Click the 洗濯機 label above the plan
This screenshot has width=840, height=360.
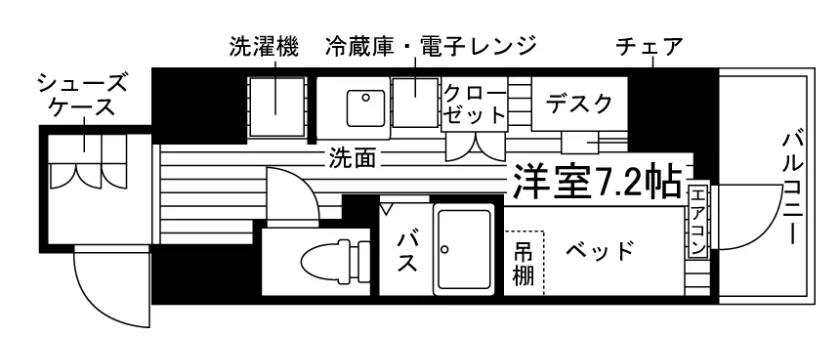tap(264, 47)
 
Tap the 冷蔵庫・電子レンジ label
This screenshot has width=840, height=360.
tap(430, 47)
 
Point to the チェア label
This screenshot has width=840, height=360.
tap(650, 47)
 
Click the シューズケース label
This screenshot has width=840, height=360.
tap(83, 95)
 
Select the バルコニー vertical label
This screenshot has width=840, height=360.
tap(792, 188)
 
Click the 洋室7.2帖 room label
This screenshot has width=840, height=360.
tap(597, 180)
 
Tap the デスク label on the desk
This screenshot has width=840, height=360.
tap(579, 103)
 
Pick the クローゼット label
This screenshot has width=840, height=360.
tap(474, 104)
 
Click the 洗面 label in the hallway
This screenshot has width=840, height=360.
tap(352, 158)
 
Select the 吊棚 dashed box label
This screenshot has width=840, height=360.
tap(524, 262)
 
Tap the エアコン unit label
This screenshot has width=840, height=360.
tap(697, 220)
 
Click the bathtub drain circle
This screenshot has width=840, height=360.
tap(444, 249)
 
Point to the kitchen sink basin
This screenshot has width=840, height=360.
tap(366, 108)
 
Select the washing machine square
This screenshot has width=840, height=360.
tap(276, 106)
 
